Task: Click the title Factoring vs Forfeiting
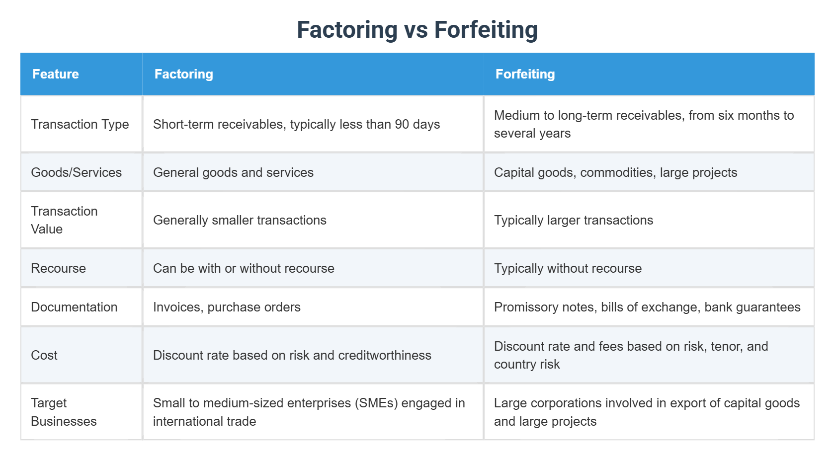pyautogui.click(x=417, y=29)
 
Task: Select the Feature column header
pyautogui.click(x=56, y=74)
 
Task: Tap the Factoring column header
pyautogui.click(x=183, y=74)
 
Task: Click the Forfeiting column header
pyautogui.click(x=525, y=74)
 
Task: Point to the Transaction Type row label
pyautogui.click(x=80, y=124)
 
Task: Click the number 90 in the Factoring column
pyautogui.click(x=402, y=124)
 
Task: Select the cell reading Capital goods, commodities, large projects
pyautogui.click(x=615, y=172)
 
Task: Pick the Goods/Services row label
pyautogui.click(x=76, y=172)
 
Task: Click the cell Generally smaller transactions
pyautogui.click(x=240, y=220)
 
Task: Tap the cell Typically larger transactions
pyautogui.click(x=573, y=220)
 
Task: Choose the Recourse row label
pyautogui.click(x=58, y=268)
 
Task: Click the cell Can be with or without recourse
pyautogui.click(x=244, y=268)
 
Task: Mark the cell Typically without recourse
pyautogui.click(x=568, y=268)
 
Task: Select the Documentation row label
pyautogui.click(x=74, y=307)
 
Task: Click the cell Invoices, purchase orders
pyautogui.click(x=227, y=307)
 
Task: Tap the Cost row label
pyautogui.click(x=44, y=355)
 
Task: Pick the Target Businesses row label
pyautogui.click(x=64, y=412)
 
